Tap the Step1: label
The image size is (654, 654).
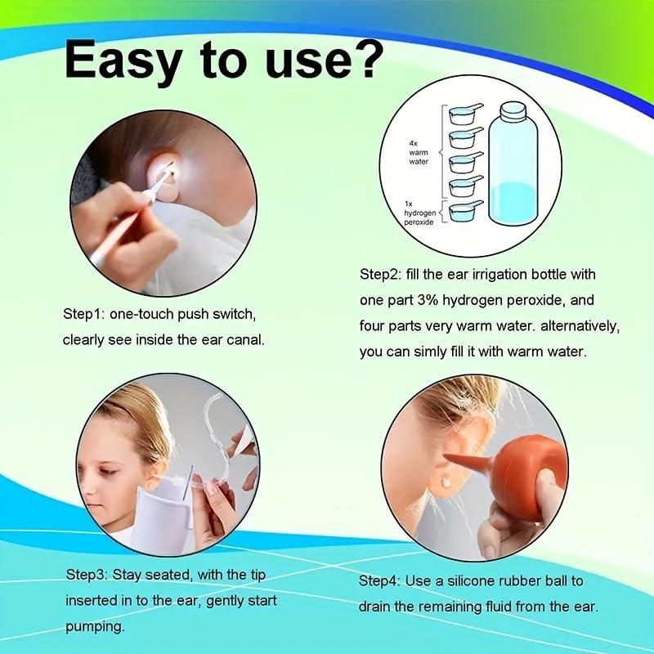point(85,314)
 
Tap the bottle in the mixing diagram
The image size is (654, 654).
point(513,172)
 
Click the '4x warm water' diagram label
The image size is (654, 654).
point(419,151)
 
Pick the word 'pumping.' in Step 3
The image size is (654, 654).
point(95,627)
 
